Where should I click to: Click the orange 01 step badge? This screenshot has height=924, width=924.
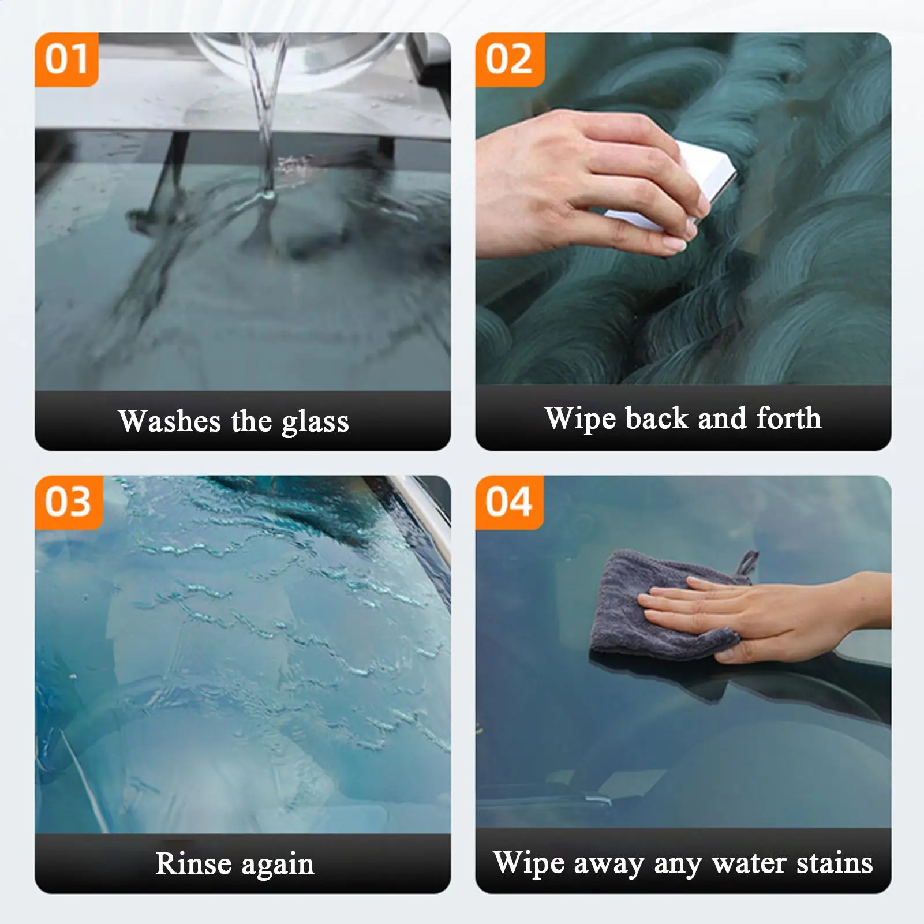point(66,59)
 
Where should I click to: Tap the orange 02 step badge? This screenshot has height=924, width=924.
point(510,59)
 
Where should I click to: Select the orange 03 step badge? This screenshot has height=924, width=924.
point(69,502)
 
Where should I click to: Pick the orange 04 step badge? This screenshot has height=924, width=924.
point(509,502)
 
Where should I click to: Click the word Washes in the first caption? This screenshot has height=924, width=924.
point(170,421)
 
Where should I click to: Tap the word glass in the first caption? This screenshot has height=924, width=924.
point(315,422)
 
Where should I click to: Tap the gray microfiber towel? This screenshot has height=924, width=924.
point(664,606)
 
